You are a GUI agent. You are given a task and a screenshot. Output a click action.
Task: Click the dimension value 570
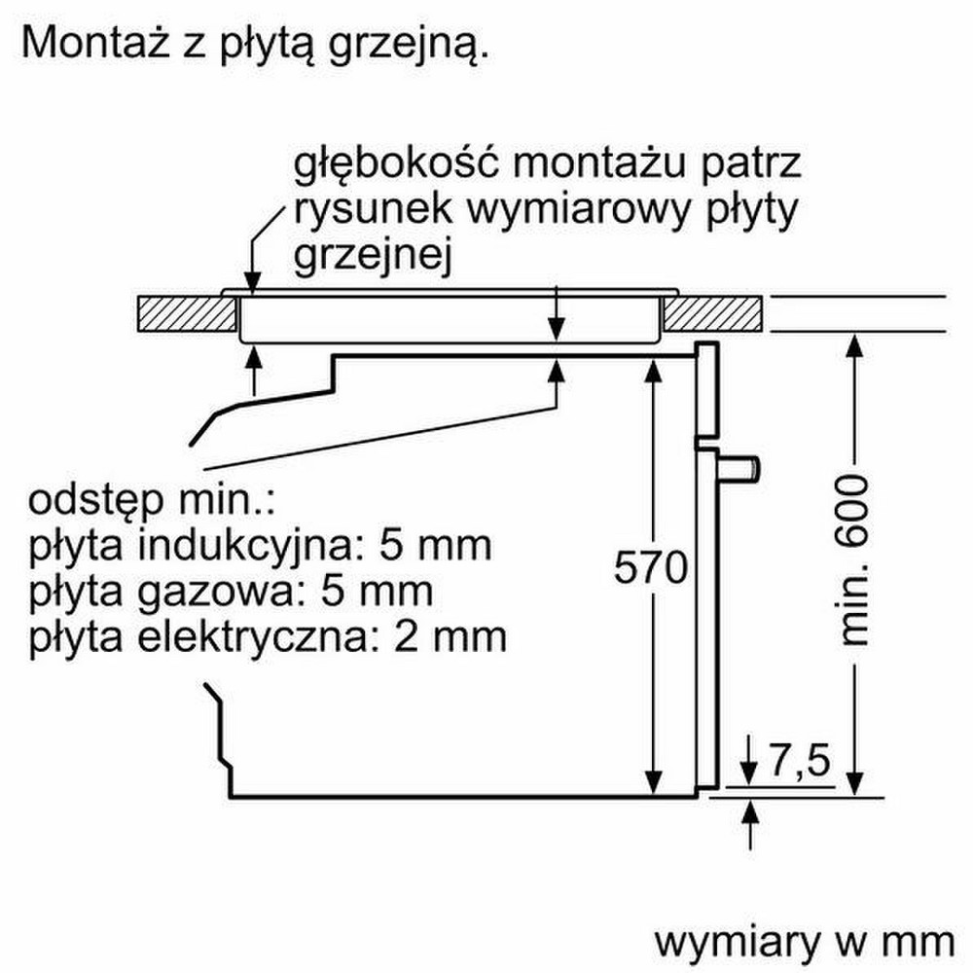[x=651, y=567]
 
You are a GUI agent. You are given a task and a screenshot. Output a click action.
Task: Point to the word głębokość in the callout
[x=396, y=163]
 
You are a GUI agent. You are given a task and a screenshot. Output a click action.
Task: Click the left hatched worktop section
[x=186, y=314]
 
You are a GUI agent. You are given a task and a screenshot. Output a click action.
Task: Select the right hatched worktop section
[x=713, y=314]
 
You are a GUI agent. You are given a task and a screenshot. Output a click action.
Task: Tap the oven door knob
[x=739, y=469]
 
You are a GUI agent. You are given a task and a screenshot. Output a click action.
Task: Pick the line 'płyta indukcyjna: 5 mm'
[x=261, y=547]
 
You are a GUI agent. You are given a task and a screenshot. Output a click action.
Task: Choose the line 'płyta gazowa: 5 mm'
[x=231, y=592]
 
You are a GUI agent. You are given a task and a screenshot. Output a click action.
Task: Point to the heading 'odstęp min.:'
[x=151, y=500]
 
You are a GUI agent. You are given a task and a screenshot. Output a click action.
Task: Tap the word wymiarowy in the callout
[x=578, y=210]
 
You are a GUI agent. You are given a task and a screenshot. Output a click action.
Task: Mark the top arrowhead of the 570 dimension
[x=653, y=371]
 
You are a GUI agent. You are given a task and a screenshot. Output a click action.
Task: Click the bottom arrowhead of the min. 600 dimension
[x=855, y=783]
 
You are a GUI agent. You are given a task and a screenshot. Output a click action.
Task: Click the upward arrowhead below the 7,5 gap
[x=750, y=811]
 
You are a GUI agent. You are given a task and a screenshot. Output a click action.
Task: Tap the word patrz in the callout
[x=751, y=163]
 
